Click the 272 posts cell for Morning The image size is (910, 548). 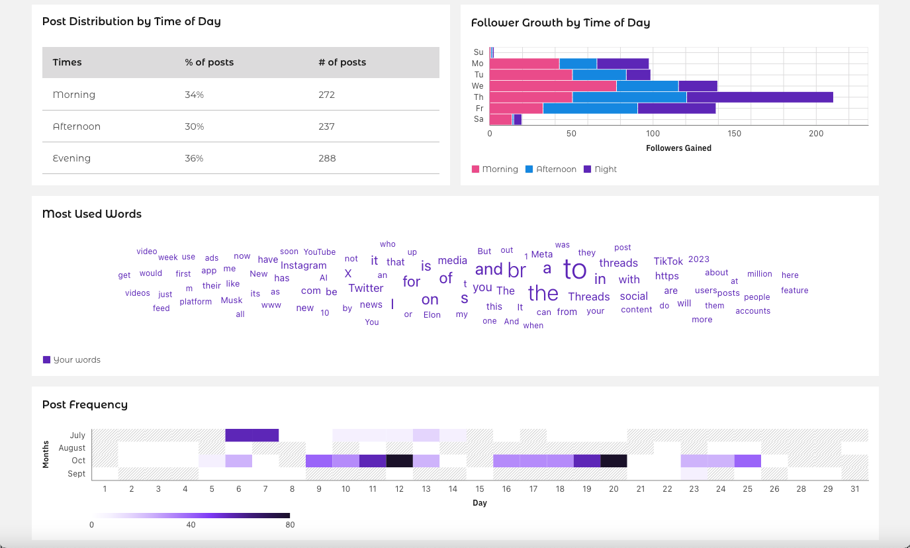click(326, 95)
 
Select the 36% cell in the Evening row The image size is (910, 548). click(194, 158)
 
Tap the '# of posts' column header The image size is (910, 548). click(342, 62)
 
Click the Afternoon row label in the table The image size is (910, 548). click(77, 126)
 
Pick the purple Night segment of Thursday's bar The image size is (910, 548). click(760, 97)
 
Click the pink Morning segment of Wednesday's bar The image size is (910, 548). click(553, 86)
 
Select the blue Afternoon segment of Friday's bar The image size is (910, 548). click(590, 109)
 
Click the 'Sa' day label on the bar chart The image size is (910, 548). click(478, 119)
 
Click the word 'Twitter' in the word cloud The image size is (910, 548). click(366, 288)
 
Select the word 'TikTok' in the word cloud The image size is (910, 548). click(668, 261)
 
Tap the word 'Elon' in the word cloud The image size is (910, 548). click(432, 315)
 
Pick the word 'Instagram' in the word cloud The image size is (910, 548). click(304, 265)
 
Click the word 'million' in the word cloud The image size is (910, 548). click(760, 274)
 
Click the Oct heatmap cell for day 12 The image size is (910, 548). click(399, 461)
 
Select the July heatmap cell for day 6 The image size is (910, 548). click(238, 435)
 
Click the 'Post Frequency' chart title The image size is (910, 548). click(85, 404)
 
